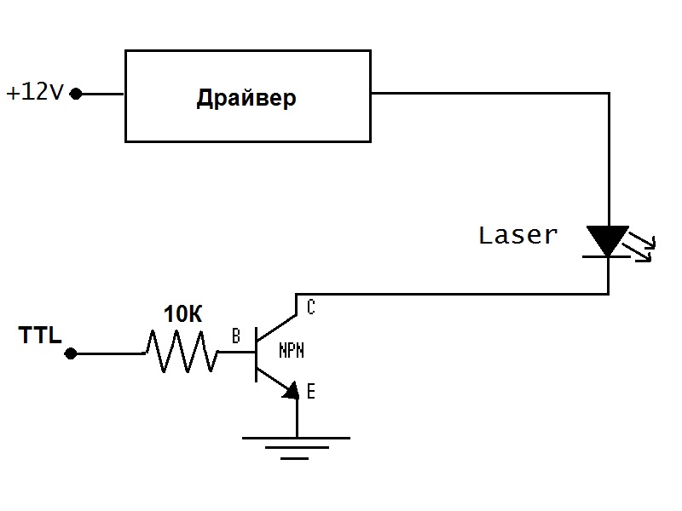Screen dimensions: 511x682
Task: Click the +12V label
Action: click(x=35, y=92)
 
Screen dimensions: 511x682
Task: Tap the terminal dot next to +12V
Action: click(x=76, y=94)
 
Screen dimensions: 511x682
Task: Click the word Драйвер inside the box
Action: click(x=246, y=98)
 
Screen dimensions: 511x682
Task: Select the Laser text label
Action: click(x=517, y=235)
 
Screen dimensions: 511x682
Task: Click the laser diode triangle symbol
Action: click(x=608, y=240)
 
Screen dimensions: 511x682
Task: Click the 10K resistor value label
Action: click(x=183, y=314)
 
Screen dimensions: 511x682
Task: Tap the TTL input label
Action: click(x=40, y=336)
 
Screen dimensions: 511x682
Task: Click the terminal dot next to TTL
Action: click(x=72, y=353)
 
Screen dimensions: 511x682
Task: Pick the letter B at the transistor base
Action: click(x=236, y=337)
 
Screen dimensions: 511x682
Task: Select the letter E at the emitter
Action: click(x=310, y=392)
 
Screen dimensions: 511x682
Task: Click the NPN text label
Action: click(x=292, y=350)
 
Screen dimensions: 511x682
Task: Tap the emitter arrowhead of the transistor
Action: click(x=291, y=391)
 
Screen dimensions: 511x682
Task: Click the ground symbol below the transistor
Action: click(x=296, y=446)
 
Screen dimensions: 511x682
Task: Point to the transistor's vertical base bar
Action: click(x=256, y=352)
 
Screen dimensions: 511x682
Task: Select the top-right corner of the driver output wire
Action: click(x=608, y=94)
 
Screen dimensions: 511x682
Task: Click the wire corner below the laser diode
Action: click(x=608, y=294)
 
